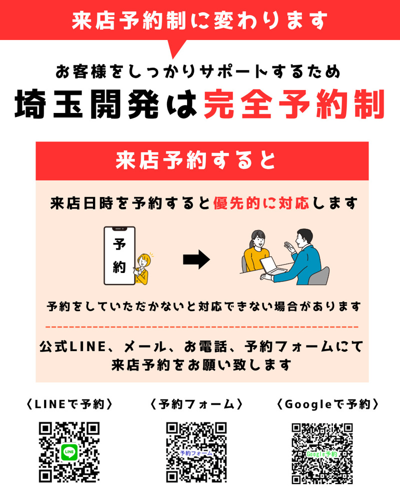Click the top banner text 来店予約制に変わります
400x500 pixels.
pyautogui.click(x=200, y=20)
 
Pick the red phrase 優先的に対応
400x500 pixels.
pyautogui.click(x=262, y=203)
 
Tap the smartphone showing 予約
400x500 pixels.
pyautogui.click(x=119, y=255)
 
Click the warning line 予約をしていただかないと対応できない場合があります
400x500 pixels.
pyautogui.click(x=202, y=306)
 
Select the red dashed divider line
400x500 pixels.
pyautogui.click(x=202, y=327)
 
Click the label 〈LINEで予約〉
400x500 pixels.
pyautogui.click(x=69, y=404)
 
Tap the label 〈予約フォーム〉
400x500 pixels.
pyautogui.click(x=196, y=404)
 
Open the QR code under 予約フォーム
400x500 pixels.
pyautogui.click(x=196, y=453)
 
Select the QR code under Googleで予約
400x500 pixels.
pyautogui.click(x=322, y=453)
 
